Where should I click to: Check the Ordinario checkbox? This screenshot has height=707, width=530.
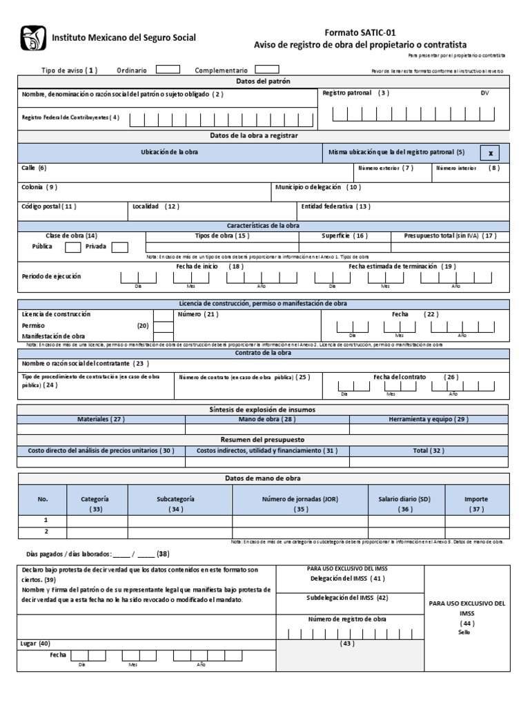pyautogui.click(x=168, y=69)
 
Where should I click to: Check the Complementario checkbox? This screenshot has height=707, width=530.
pyautogui.click(x=267, y=69)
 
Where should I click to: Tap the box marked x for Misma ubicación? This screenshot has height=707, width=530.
pyautogui.click(x=490, y=153)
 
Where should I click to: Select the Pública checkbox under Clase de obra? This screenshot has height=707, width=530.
pyautogui.click(x=73, y=247)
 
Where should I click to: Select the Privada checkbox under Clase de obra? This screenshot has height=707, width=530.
pyautogui.click(x=119, y=247)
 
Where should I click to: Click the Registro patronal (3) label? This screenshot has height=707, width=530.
pyautogui.click(x=356, y=93)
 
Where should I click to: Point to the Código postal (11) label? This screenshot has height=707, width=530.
pyautogui.click(x=49, y=206)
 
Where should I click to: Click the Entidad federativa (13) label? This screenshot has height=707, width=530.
pyautogui.click(x=335, y=206)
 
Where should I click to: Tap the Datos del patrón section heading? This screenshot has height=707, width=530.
pyautogui.click(x=264, y=81)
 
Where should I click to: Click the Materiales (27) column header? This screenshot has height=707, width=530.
pyautogui.click(x=101, y=419)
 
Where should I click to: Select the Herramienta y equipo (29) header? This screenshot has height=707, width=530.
pyautogui.click(x=428, y=419)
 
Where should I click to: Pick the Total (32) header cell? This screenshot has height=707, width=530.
pyautogui.click(x=428, y=450)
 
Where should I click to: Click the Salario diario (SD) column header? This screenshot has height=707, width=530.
pyautogui.click(x=404, y=498)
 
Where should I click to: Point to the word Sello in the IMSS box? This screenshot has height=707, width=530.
pyautogui.click(x=463, y=632)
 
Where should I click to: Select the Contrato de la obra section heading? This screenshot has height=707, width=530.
pyautogui.click(x=262, y=353)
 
